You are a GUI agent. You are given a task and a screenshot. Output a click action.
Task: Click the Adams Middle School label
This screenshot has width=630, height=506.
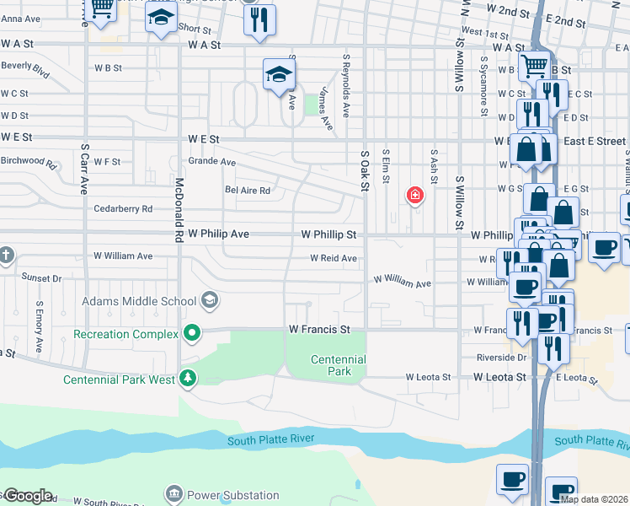click(139, 300)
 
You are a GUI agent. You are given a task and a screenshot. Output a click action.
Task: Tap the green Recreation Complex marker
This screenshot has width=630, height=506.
click(192, 334)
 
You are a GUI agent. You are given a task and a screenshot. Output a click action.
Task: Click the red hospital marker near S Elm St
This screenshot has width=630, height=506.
click(414, 196)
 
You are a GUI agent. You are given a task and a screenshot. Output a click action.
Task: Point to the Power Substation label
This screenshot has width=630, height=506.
click(233, 495)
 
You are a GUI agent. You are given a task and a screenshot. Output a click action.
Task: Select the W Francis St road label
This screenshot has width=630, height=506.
click(318, 328)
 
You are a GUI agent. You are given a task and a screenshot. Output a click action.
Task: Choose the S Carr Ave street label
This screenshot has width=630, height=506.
click(84, 169)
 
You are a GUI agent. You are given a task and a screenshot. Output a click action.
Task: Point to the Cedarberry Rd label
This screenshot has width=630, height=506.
click(123, 208)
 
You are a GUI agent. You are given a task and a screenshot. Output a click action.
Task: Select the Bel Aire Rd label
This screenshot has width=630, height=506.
click(247, 191)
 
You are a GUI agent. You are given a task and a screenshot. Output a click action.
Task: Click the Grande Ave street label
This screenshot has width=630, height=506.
click(211, 161)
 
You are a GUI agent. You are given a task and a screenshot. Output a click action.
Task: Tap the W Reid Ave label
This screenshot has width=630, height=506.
click(334, 258)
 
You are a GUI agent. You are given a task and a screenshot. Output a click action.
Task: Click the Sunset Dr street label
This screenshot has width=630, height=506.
click(41, 277)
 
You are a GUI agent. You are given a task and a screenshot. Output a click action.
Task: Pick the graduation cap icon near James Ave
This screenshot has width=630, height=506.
click(279, 76)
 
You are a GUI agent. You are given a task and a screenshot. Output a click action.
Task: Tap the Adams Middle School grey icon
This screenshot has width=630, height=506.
click(210, 300)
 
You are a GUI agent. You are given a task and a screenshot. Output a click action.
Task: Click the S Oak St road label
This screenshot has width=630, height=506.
click(366, 170)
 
